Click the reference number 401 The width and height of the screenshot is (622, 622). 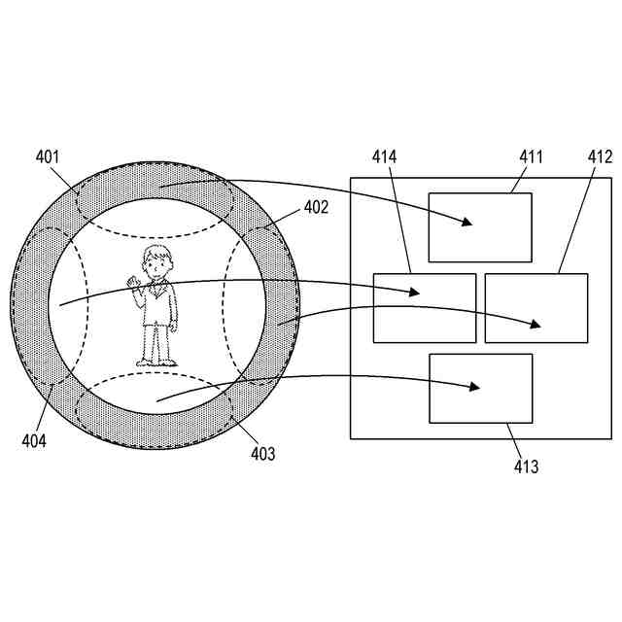click(48, 155)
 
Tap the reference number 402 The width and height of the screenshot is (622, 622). click(316, 207)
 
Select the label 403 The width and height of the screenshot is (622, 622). click(262, 453)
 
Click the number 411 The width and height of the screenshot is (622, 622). click(532, 155)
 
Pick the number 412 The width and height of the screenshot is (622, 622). click(600, 155)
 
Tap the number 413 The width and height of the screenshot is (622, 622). click(526, 467)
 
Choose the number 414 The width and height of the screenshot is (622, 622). click(384, 155)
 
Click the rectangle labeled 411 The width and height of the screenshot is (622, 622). click(480, 227)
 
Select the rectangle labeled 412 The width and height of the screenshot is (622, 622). click(536, 308)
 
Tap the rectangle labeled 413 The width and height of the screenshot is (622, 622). click(481, 388)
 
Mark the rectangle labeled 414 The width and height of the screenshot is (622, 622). click(425, 308)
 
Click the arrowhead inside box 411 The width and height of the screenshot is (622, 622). click(467, 222)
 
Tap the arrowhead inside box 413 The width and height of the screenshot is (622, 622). click(475, 387)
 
